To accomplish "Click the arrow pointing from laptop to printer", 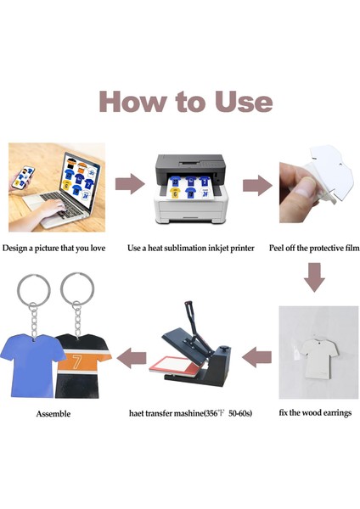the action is pos(130,184).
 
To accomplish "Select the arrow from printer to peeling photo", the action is pos(257,185).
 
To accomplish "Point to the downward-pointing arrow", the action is pos(314,277).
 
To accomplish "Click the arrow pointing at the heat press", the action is pos(256,357).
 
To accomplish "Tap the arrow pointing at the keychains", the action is pos(132,358).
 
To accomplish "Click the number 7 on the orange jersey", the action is pos(77,362).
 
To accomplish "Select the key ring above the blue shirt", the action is pos(34,289).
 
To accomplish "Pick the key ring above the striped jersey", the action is pos(77,288).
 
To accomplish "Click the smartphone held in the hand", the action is pos(23,177).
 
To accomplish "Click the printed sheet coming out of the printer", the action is pos(189,187).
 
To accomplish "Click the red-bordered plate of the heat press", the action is pos(174,366).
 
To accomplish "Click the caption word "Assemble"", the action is pos(53,414).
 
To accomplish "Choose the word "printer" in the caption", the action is pos(242,249).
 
